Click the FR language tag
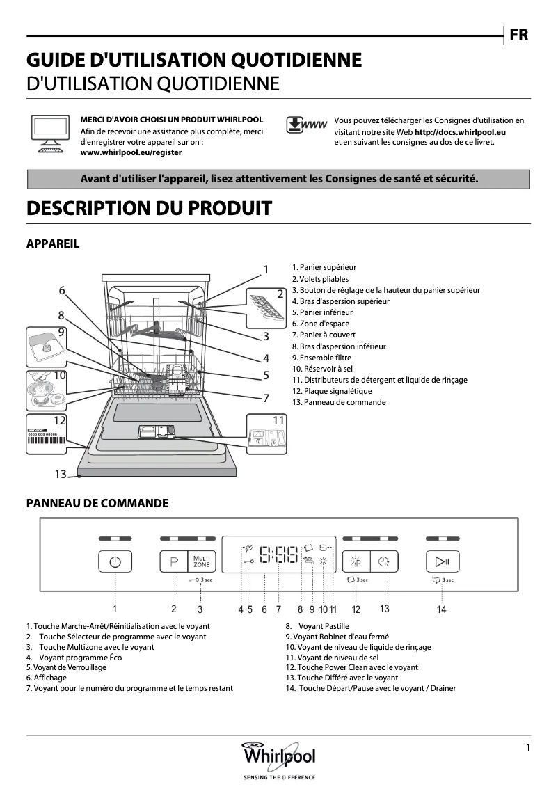(x=519, y=35)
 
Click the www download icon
(x=306, y=125)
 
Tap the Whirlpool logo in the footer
(x=278, y=756)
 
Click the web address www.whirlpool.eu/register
(x=131, y=152)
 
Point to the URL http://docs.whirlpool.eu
(x=460, y=131)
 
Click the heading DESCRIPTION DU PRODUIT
(x=148, y=208)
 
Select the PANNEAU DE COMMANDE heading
(x=97, y=503)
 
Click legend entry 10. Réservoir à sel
(x=322, y=369)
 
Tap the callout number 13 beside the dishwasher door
(x=61, y=474)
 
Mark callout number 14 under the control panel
(x=441, y=609)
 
